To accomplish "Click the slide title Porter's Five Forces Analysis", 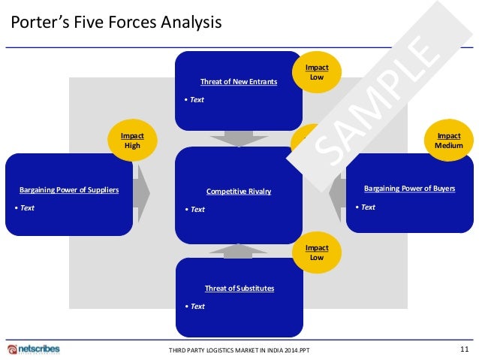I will [116, 23].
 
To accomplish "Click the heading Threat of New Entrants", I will [239, 81].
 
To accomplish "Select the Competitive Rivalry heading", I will [239, 192].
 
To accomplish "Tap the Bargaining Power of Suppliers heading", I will [69, 190].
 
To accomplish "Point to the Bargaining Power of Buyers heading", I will [409, 188].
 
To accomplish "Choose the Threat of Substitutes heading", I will [239, 288].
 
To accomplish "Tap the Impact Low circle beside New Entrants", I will [317, 72].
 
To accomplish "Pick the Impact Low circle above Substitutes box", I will [317, 253].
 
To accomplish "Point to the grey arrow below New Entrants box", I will [239, 138].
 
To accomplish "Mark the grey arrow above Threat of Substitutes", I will [239, 251].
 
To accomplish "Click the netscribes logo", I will [34, 349].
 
